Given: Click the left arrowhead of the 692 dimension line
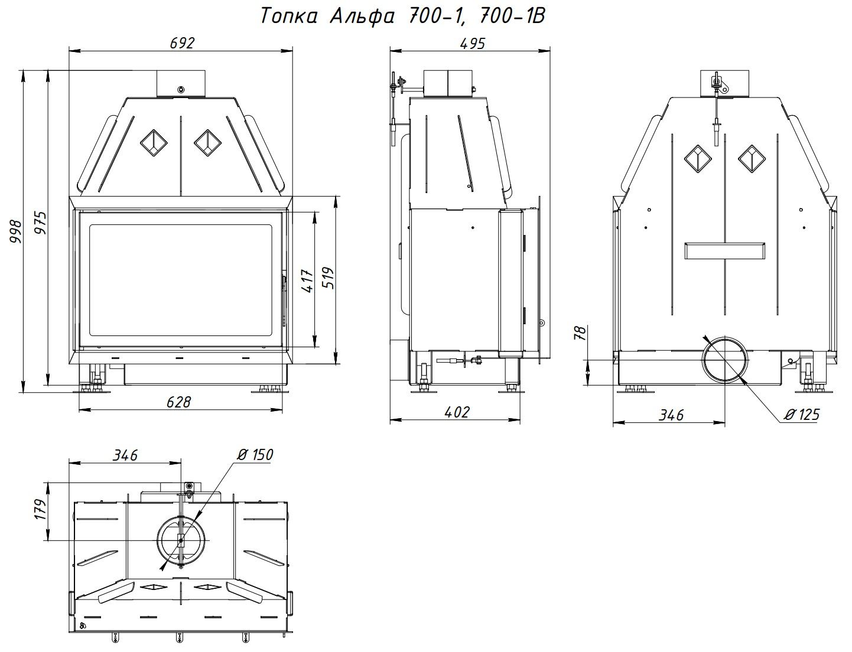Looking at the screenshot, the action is click(x=74, y=51).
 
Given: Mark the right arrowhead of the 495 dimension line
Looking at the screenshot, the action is click(x=545, y=50).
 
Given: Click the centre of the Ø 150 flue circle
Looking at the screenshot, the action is click(x=181, y=541).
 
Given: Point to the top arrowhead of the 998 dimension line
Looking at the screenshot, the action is click(x=24, y=75).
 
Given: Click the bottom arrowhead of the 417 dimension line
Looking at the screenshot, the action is click(x=314, y=342).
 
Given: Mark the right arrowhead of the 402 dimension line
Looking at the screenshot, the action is click(x=515, y=420).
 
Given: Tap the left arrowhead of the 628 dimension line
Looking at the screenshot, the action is click(x=84, y=410).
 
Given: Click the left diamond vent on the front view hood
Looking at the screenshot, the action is click(x=154, y=143).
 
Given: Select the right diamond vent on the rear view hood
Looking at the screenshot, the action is click(x=752, y=159).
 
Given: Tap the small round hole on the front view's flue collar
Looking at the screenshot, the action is click(x=181, y=90).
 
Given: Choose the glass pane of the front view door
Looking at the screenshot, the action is click(x=181, y=280).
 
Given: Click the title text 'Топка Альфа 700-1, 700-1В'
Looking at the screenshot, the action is click(x=403, y=16).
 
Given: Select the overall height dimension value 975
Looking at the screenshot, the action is click(x=40, y=223).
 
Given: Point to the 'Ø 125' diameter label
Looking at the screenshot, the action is click(x=802, y=414).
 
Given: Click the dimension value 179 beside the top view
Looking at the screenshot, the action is click(x=41, y=509).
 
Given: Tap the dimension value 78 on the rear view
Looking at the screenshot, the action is click(x=581, y=333).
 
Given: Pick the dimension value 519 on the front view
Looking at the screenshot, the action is click(x=328, y=278).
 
